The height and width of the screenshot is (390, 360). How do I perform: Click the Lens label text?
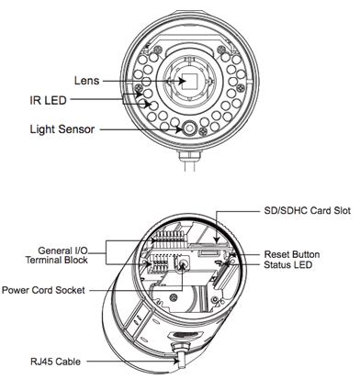click(87, 81)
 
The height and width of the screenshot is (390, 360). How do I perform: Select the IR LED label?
click(48, 100)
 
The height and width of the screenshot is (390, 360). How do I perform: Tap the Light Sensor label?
click(62, 129)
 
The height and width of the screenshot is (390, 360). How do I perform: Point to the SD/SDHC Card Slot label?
click(307, 210)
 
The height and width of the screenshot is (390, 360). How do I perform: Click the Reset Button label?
click(292, 254)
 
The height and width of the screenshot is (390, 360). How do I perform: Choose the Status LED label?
click(287, 264)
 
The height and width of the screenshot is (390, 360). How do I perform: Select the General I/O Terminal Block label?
click(57, 255)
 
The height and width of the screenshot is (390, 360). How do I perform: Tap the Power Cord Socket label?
click(43, 290)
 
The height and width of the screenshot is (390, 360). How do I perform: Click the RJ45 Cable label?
click(55, 362)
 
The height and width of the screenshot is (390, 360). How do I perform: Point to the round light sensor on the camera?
click(190, 128)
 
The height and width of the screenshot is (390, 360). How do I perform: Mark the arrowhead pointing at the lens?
click(182, 81)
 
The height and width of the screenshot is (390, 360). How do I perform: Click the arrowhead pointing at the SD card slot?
click(217, 240)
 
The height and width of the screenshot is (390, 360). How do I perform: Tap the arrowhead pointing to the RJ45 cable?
click(176, 362)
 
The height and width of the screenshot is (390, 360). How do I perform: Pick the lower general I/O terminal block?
click(158, 263)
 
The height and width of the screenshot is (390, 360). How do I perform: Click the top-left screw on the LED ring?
click(158, 50)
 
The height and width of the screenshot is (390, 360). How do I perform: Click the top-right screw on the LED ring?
click(221, 50)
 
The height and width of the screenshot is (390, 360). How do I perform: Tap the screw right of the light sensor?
click(203, 131)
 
